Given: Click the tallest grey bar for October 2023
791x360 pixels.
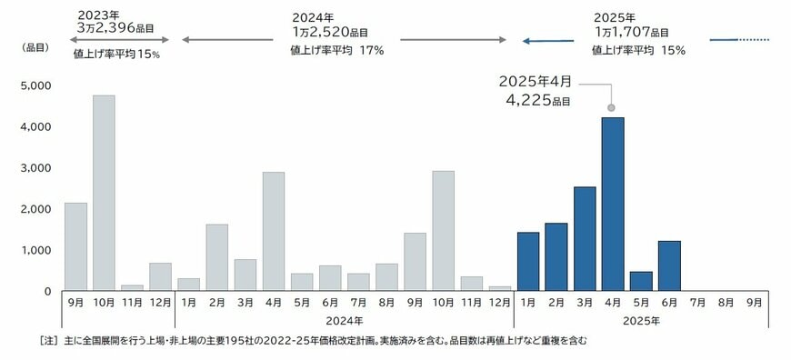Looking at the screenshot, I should (x=104, y=193).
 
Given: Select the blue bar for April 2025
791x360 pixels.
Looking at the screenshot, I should (x=613, y=204).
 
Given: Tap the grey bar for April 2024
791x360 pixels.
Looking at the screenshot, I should (x=274, y=231).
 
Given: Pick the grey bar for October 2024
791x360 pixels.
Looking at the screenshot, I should (x=444, y=230).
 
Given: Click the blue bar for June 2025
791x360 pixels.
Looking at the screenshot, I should (x=669, y=265).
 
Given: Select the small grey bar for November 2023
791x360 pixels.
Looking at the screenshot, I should (x=132, y=287).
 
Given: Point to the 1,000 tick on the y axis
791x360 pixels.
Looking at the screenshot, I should (x=35, y=250).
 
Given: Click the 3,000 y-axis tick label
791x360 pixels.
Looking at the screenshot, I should (x=35, y=168).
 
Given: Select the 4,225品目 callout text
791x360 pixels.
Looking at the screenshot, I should (x=537, y=101).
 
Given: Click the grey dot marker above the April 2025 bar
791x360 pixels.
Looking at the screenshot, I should (x=611, y=107).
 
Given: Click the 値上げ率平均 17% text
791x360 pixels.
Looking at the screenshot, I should (x=336, y=51).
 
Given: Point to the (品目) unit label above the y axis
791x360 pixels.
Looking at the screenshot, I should (x=35, y=48).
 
